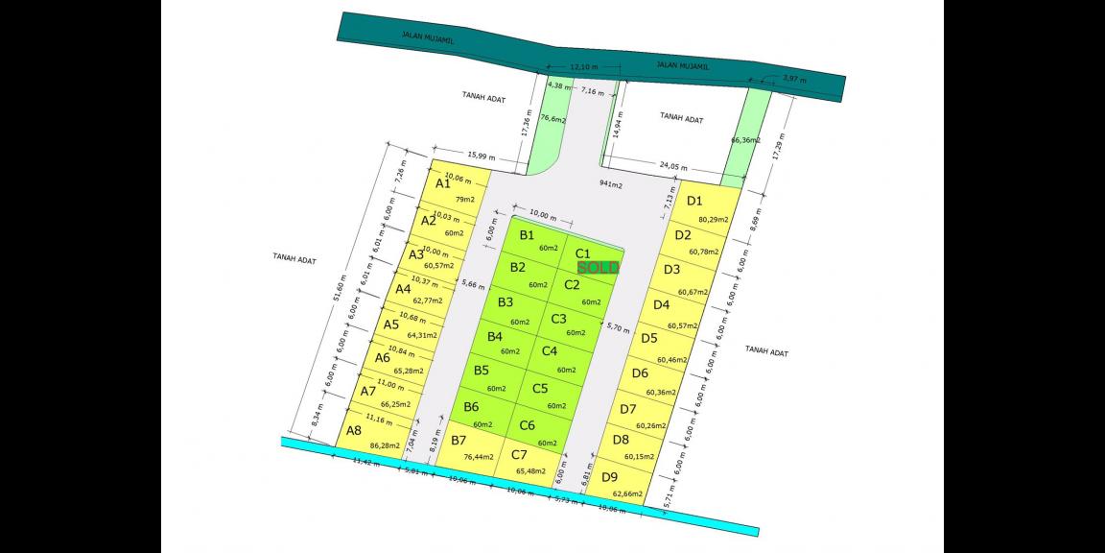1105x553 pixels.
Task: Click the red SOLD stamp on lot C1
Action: tap(599, 268)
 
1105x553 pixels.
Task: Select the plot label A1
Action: tap(443, 182)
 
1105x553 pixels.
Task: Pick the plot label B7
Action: tap(458, 440)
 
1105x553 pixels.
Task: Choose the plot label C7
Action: tap(519, 454)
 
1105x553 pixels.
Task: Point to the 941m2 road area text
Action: tap(610, 183)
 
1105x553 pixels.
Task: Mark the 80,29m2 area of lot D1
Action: tap(714, 220)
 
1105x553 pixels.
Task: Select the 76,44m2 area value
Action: tap(478, 457)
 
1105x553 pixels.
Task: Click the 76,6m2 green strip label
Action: tap(552, 120)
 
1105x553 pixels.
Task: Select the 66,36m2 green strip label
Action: tap(745, 140)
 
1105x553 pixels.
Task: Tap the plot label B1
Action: tap(527, 234)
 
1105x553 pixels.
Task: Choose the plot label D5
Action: tap(649, 338)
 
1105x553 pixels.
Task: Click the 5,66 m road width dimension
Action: tap(473, 283)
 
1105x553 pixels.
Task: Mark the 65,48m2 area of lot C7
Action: tap(529, 471)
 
